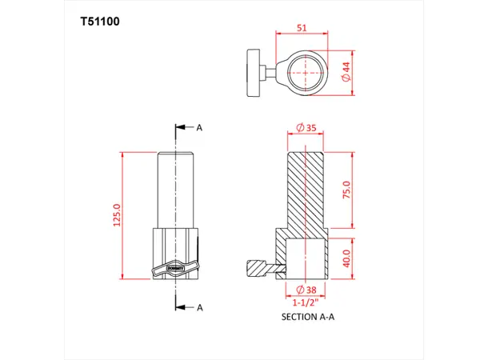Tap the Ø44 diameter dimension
pos(346,73)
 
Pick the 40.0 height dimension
pos(347,259)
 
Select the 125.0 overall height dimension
pos(117,215)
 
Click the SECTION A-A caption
pos(309,318)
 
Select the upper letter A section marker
pos(199,127)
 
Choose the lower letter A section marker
pos(199,307)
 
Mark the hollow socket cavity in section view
pos(302,260)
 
